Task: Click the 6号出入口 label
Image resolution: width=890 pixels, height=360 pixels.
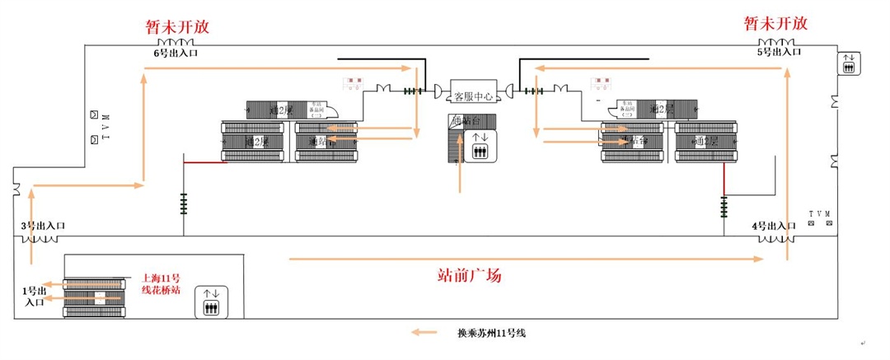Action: (176, 54)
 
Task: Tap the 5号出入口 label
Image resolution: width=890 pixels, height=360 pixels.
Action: (778, 52)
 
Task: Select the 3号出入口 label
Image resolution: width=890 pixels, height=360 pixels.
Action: (43, 226)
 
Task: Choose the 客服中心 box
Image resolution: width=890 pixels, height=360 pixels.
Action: (473, 96)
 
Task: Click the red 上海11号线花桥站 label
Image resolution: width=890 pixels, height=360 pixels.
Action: (161, 283)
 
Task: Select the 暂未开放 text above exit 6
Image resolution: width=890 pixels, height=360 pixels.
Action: (177, 26)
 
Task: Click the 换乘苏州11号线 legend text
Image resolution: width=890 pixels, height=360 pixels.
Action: (491, 334)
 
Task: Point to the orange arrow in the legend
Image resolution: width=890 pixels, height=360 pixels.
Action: (425, 333)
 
